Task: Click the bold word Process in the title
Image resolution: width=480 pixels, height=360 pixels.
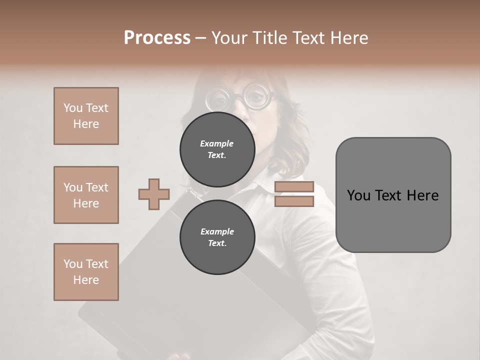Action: pos(157,38)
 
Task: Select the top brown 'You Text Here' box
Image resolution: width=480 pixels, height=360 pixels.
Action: pos(86,116)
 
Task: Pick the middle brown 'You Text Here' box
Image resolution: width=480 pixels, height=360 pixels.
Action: pos(86,195)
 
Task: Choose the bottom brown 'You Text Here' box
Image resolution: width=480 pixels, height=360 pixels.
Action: pos(86,272)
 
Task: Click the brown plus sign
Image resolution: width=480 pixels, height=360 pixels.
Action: pos(154,194)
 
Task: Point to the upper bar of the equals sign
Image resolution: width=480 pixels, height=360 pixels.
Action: pos(294,187)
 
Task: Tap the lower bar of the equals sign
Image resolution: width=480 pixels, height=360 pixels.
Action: pos(294,201)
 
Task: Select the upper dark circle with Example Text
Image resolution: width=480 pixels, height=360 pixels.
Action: pos(217,149)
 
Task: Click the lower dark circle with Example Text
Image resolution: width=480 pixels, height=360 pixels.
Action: pos(217,237)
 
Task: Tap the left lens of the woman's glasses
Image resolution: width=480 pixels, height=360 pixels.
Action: pos(217,99)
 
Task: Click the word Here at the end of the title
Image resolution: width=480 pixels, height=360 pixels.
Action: pos(350,38)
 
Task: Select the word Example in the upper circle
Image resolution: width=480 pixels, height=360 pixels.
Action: pos(217,143)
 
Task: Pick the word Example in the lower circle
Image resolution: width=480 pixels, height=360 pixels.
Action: pos(217,231)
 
